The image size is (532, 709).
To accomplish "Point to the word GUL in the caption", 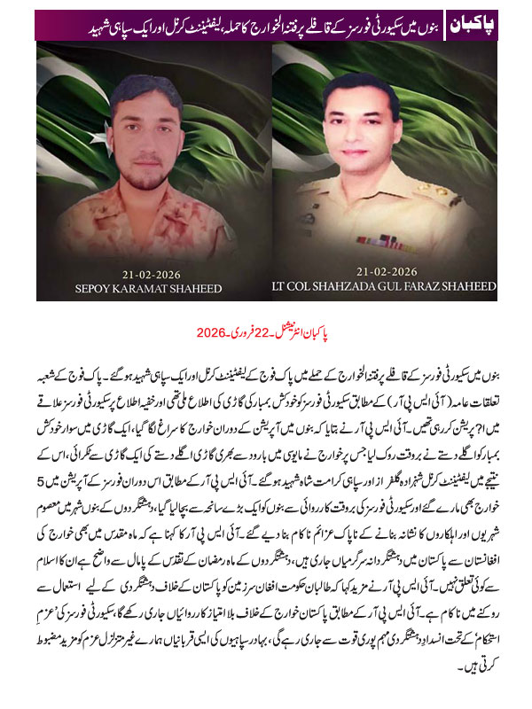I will point(387,287).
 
